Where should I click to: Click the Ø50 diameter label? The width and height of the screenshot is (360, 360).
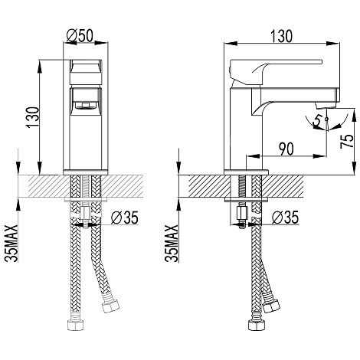point(80,36)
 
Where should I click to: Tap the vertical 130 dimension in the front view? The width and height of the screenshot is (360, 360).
point(34,117)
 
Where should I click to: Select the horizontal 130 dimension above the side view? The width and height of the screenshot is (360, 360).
point(281,36)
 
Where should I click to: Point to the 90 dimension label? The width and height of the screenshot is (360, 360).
point(286,149)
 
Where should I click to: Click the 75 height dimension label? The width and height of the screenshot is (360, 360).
point(347,141)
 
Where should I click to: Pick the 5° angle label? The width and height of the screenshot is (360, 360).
point(319,120)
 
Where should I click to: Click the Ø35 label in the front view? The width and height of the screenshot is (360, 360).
point(125,218)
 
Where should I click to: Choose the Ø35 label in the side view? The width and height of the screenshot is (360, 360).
point(285,218)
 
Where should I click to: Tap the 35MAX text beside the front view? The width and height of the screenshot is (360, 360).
point(12,243)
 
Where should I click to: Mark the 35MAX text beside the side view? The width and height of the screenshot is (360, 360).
point(172,243)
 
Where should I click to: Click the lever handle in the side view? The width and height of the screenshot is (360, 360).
point(273,71)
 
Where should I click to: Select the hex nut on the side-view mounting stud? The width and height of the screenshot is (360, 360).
point(241,213)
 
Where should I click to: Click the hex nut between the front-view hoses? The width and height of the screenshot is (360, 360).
point(86,214)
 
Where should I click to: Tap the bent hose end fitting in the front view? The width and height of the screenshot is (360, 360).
point(110,305)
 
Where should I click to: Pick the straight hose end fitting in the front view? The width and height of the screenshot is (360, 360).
point(75,324)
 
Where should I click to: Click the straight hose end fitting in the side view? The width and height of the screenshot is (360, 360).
point(256,324)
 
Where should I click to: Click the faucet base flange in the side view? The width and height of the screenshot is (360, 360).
point(246,172)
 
